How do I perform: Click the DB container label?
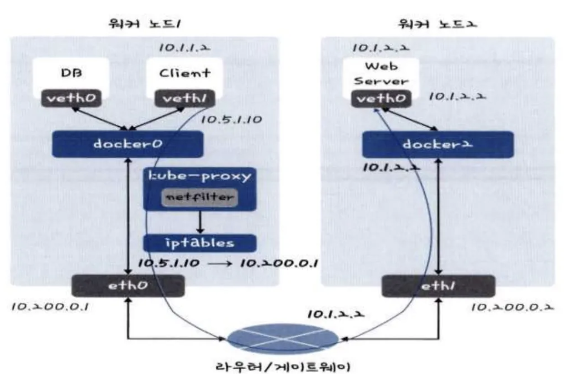[69, 73]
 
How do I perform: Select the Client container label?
[184, 73]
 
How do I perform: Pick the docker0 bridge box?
[127, 144]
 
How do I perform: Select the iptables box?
[199, 243]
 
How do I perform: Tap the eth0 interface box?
[127, 286]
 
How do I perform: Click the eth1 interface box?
[438, 286]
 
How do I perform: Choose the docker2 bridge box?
[438, 144]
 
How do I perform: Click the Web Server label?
[380, 75]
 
